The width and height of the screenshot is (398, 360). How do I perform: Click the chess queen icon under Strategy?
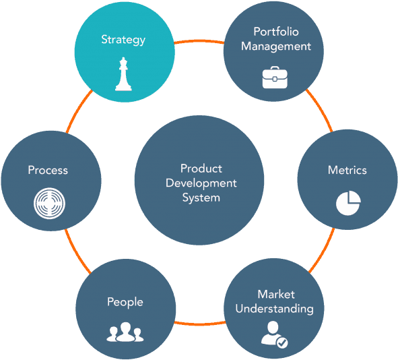123,74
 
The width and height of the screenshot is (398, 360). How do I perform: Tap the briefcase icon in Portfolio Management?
275,78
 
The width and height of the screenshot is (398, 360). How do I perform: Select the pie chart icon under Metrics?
348,203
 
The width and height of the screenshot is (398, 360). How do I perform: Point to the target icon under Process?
49,203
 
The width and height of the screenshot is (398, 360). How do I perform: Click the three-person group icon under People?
125,332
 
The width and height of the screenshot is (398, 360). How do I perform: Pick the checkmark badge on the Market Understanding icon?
282,342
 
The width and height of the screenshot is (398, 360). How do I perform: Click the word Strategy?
123,40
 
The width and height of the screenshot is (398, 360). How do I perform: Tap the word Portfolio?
276,32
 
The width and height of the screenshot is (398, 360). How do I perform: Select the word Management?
276,47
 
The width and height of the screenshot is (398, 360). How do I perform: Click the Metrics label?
347,170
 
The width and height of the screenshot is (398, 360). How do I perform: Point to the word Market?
276,295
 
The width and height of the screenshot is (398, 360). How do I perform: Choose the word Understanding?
274,309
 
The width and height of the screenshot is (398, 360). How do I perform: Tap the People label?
125,302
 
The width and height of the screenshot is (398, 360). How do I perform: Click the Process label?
48,170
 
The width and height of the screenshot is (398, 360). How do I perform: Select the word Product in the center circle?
201,169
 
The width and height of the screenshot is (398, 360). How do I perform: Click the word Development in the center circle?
201,183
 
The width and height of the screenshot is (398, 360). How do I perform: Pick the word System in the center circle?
201,198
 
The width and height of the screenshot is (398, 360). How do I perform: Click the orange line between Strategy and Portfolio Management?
199,40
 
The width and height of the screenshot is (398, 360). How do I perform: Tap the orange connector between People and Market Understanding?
200,324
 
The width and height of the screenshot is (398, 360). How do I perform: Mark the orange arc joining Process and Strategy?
77,110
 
